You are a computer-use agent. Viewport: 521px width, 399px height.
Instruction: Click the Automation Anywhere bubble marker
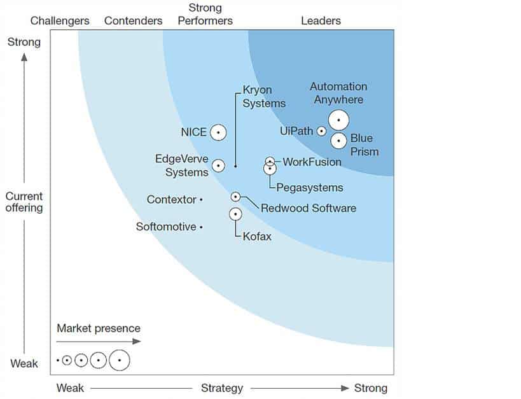[x=338, y=120]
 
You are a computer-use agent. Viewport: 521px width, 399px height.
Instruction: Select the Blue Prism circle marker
[x=339, y=140]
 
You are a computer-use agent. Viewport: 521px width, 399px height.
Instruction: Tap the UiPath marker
[x=321, y=131]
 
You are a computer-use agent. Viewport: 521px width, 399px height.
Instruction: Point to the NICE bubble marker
[x=218, y=132]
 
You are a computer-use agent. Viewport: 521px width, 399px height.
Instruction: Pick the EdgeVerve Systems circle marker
[x=218, y=165]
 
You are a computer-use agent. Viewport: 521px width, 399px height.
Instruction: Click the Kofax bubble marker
[x=235, y=214]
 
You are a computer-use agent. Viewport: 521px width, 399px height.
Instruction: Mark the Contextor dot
[x=201, y=200]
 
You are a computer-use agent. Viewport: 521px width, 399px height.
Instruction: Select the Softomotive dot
[x=201, y=227]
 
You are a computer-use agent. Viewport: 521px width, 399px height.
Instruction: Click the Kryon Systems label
[x=264, y=97]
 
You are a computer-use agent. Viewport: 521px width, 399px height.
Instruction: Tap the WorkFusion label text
[x=312, y=162]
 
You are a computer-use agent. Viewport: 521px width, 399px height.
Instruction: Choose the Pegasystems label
[x=310, y=188]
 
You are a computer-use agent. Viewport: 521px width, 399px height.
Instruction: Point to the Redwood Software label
[x=309, y=208]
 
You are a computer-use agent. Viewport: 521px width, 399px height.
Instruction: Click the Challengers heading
[x=60, y=21]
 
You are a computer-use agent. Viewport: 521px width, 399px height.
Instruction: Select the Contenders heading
[x=134, y=21]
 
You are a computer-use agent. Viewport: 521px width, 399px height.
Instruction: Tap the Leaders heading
[x=321, y=21]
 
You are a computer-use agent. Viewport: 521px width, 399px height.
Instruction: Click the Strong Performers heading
[x=205, y=15]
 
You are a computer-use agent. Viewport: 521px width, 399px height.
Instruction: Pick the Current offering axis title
[x=24, y=202]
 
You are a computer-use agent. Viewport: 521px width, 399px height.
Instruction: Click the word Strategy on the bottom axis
[x=222, y=388]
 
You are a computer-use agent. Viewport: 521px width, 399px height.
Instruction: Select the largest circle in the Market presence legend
[x=119, y=361]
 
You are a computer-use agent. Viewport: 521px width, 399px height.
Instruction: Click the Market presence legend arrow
[x=99, y=342]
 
